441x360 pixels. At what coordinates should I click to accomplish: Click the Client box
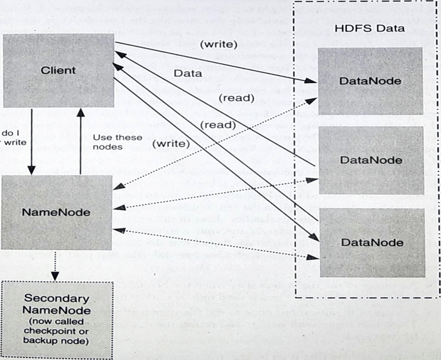click(x=59, y=70)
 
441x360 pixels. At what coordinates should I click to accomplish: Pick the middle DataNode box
click(x=371, y=160)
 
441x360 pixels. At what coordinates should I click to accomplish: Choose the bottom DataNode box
click(x=371, y=242)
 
